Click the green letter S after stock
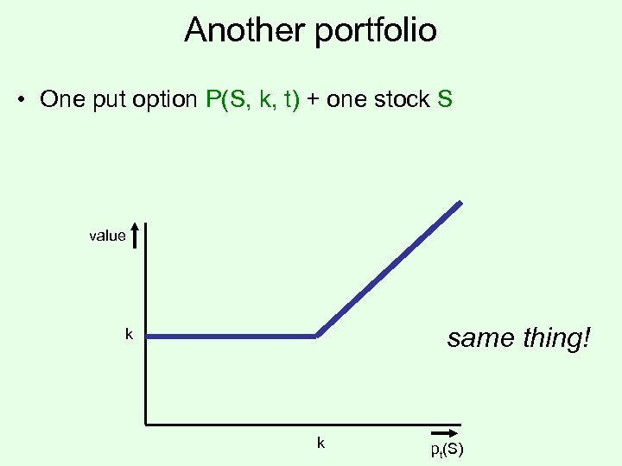click(445, 99)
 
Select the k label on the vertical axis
click(129, 334)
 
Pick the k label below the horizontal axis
click(321, 443)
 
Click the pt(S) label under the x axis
click(446, 450)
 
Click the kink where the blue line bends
click(316, 336)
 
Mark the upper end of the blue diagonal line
click(460, 204)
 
